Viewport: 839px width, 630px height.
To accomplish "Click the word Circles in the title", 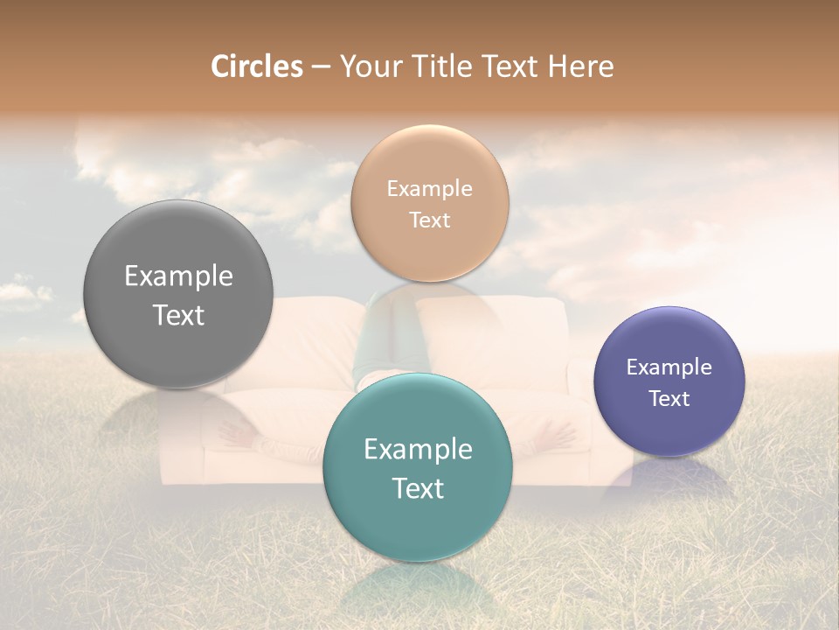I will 257,66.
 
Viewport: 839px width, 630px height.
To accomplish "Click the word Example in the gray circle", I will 178,276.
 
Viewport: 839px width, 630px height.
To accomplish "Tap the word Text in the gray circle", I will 178,316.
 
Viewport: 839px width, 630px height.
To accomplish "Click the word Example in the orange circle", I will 429,188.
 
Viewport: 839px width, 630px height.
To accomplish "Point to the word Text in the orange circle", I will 429,220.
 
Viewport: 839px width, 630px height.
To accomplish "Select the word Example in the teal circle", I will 418,450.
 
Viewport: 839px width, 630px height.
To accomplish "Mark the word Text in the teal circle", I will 418,489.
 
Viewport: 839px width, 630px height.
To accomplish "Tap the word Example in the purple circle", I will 669,367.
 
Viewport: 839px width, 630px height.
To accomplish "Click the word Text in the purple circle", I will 669,398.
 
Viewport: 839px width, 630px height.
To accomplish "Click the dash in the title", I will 320,66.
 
